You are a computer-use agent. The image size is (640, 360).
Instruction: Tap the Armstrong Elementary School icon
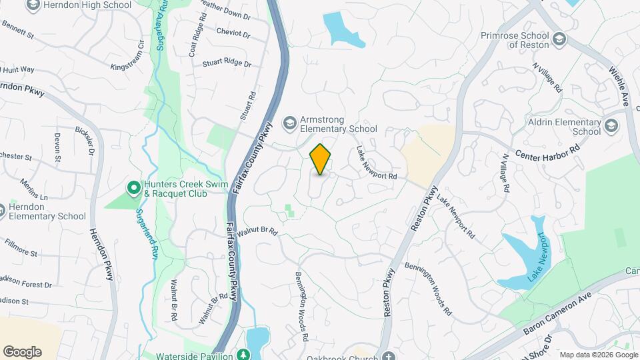(289, 123)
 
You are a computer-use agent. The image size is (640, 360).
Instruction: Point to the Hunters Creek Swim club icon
(133, 189)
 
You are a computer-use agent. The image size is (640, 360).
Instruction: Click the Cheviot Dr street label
(233, 33)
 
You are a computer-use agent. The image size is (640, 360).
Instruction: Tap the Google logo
(22, 352)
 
